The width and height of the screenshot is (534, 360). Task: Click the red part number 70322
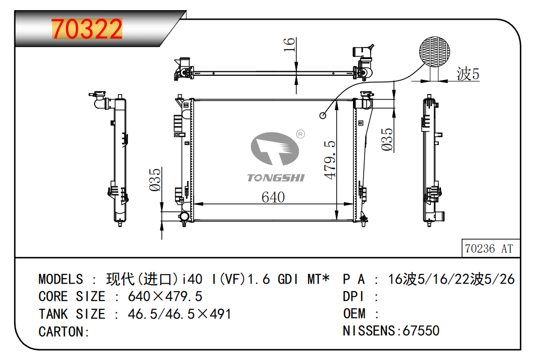click(x=87, y=30)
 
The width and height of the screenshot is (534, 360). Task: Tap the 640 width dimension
click(x=273, y=197)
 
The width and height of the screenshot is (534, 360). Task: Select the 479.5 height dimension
click(x=330, y=159)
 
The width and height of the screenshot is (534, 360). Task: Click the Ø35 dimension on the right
click(x=387, y=139)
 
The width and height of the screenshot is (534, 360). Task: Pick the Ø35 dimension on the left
click(x=155, y=179)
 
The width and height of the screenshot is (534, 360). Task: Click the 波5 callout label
click(x=468, y=74)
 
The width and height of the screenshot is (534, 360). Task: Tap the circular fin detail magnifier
click(x=435, y=52)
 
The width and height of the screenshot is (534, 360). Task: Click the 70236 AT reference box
click(x=488, y=248)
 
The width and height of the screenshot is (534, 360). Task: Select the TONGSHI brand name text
click(x=276, y=177)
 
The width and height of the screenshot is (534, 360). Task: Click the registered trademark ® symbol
click(x=300, y=134)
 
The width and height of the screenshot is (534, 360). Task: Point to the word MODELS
click(x=61, y=279)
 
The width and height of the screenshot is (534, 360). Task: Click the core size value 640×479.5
click(x=165, y=296)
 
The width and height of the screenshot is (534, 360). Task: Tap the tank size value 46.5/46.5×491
click(x=180, y=314)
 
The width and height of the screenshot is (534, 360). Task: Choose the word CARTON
click(x=62, y=332)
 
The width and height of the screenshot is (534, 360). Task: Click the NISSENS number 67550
click(x=421, y=331)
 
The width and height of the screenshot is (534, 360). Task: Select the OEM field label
click(x=354, y=314)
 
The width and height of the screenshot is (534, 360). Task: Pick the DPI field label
click(x=354, y=296)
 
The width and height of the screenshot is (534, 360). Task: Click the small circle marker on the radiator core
click(x=323, y=115)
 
